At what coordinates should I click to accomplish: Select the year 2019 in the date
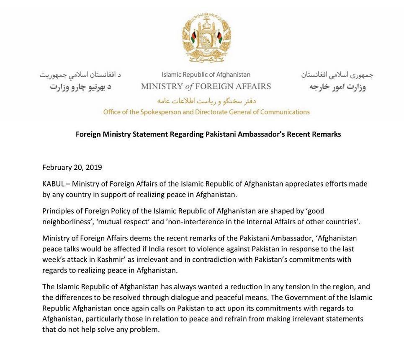click(94, 167)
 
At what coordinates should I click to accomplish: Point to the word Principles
click(58, 211)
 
